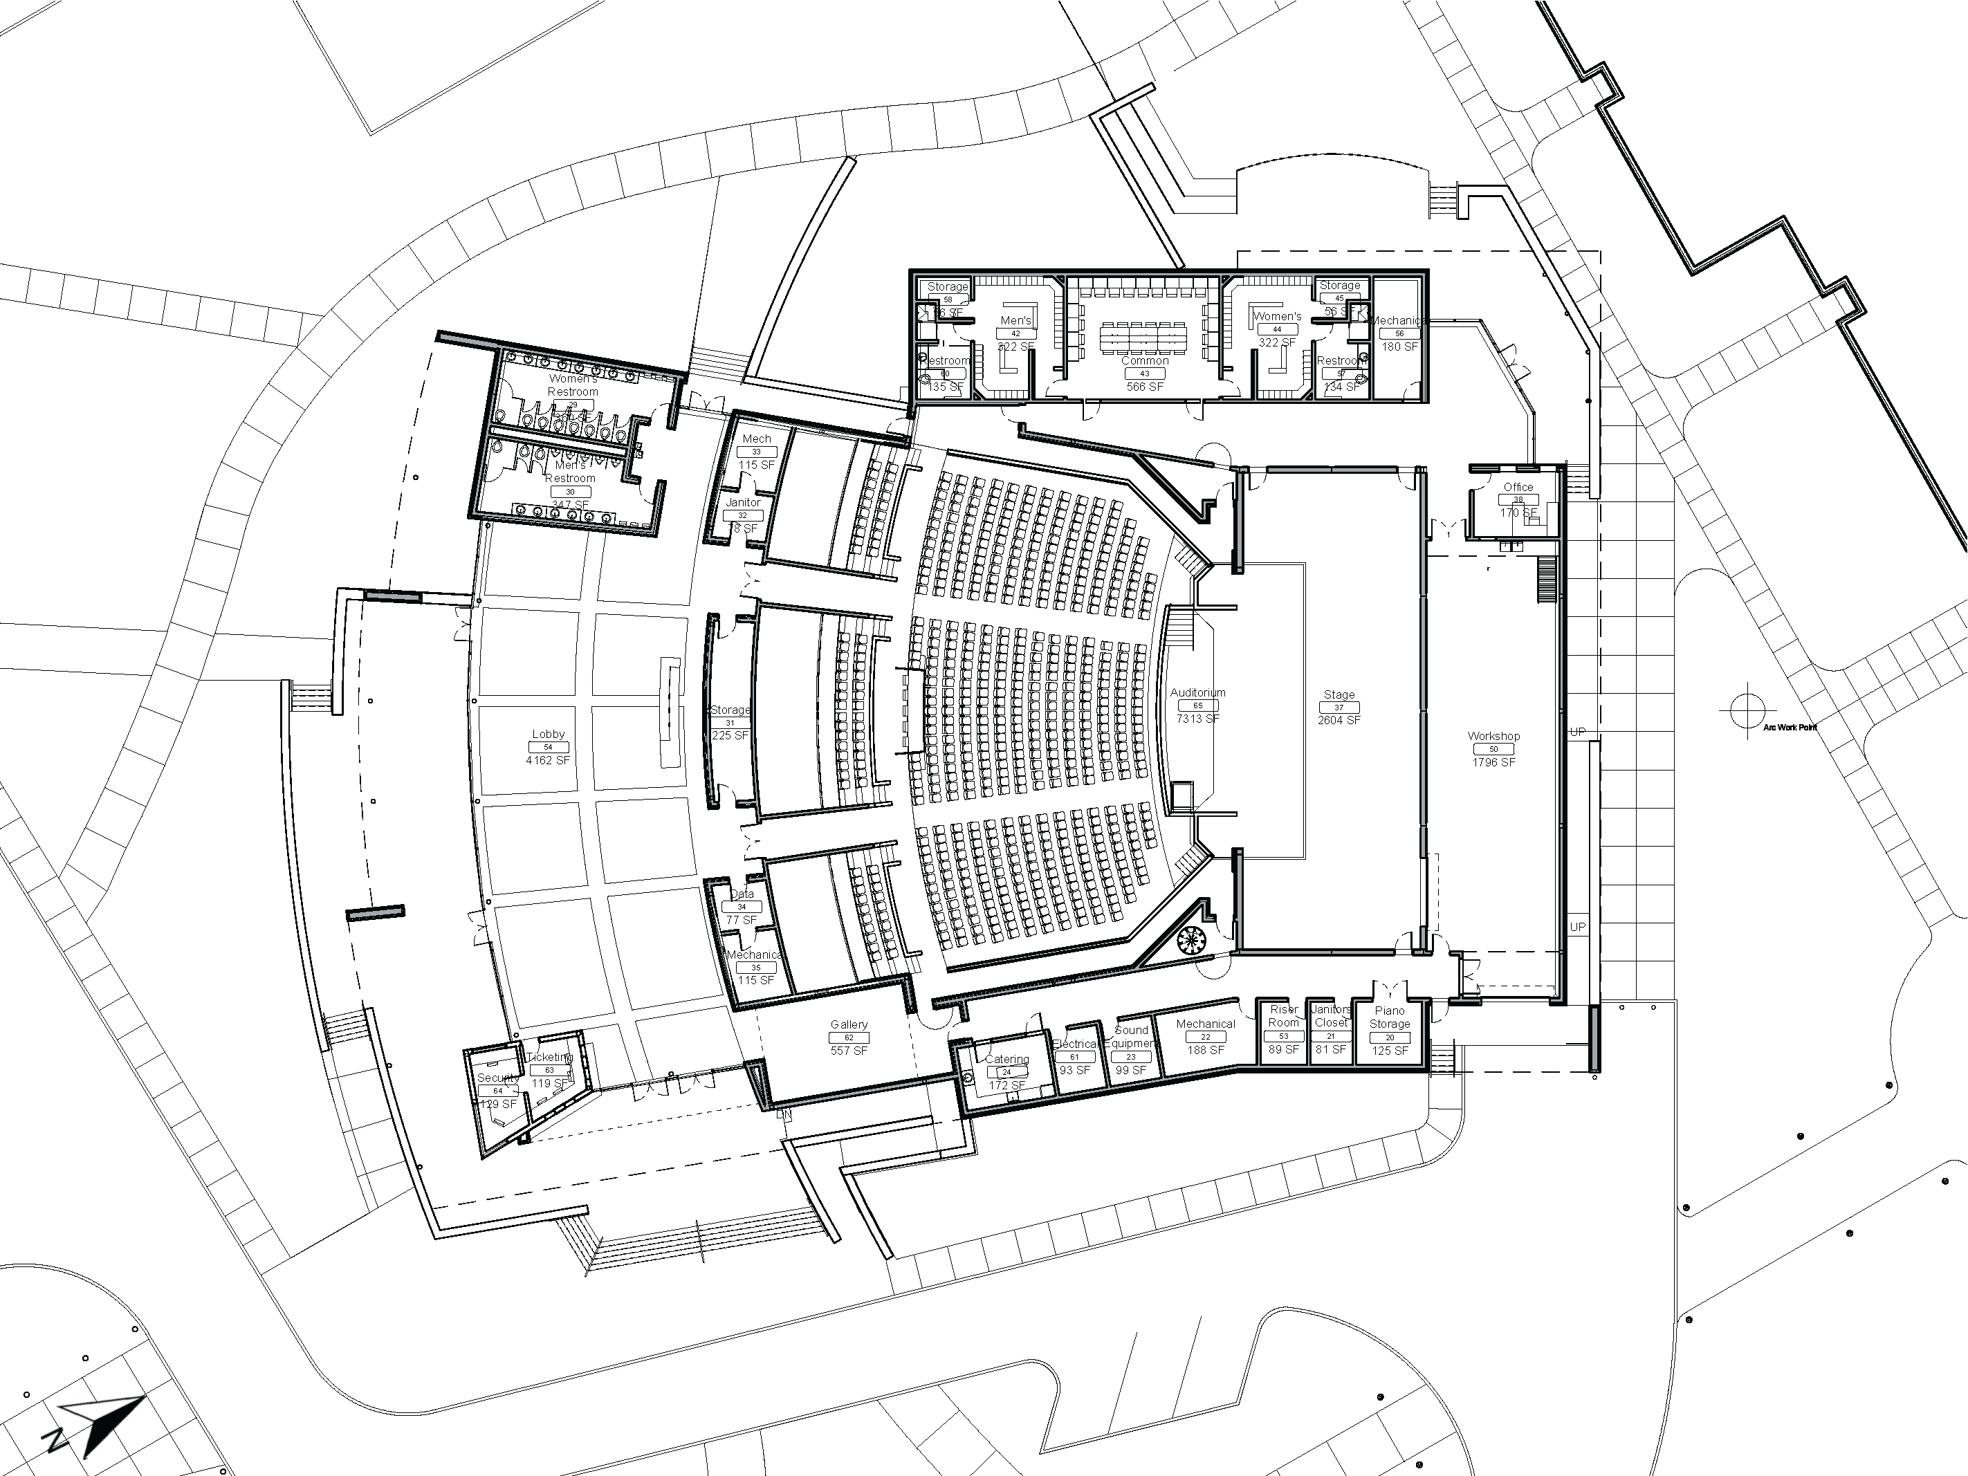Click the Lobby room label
point(548,734)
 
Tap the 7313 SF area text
point(1197,719)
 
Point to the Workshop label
point(1493,736)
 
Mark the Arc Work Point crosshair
point(1748,710)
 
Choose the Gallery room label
point(849,1025)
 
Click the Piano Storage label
point(1390,1017)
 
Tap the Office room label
point(1518,487)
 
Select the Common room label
point(1145,361)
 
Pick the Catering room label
point(1007,1060)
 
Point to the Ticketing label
point(550,1057)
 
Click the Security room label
point(497,1078)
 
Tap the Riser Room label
point(1284,1016)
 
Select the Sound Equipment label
point(1131,1037)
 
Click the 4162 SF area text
point(548,761)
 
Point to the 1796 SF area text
point(1493,762)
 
